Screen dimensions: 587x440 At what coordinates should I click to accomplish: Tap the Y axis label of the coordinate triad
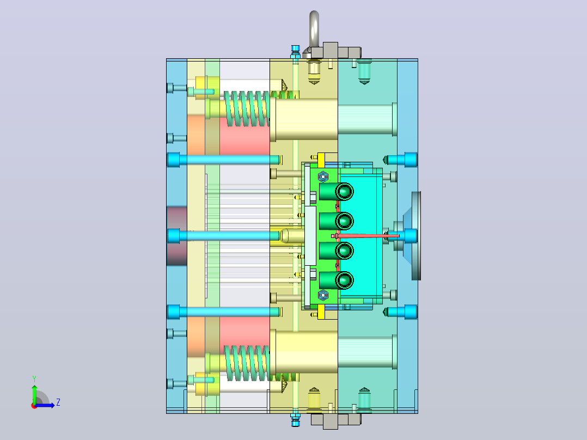[34, 378]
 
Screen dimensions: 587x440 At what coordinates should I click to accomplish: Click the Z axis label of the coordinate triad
[58, 402]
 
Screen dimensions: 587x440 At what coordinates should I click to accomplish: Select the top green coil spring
[247, 108]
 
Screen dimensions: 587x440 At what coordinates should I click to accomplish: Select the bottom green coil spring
[247, 363]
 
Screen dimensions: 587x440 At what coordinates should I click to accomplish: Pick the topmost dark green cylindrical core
[336, 192]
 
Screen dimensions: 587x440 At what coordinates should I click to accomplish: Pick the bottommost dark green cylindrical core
[336, 280]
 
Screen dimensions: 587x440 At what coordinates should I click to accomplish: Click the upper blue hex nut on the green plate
[323, 176]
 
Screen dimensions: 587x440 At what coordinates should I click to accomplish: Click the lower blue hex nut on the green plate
[323, 295]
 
